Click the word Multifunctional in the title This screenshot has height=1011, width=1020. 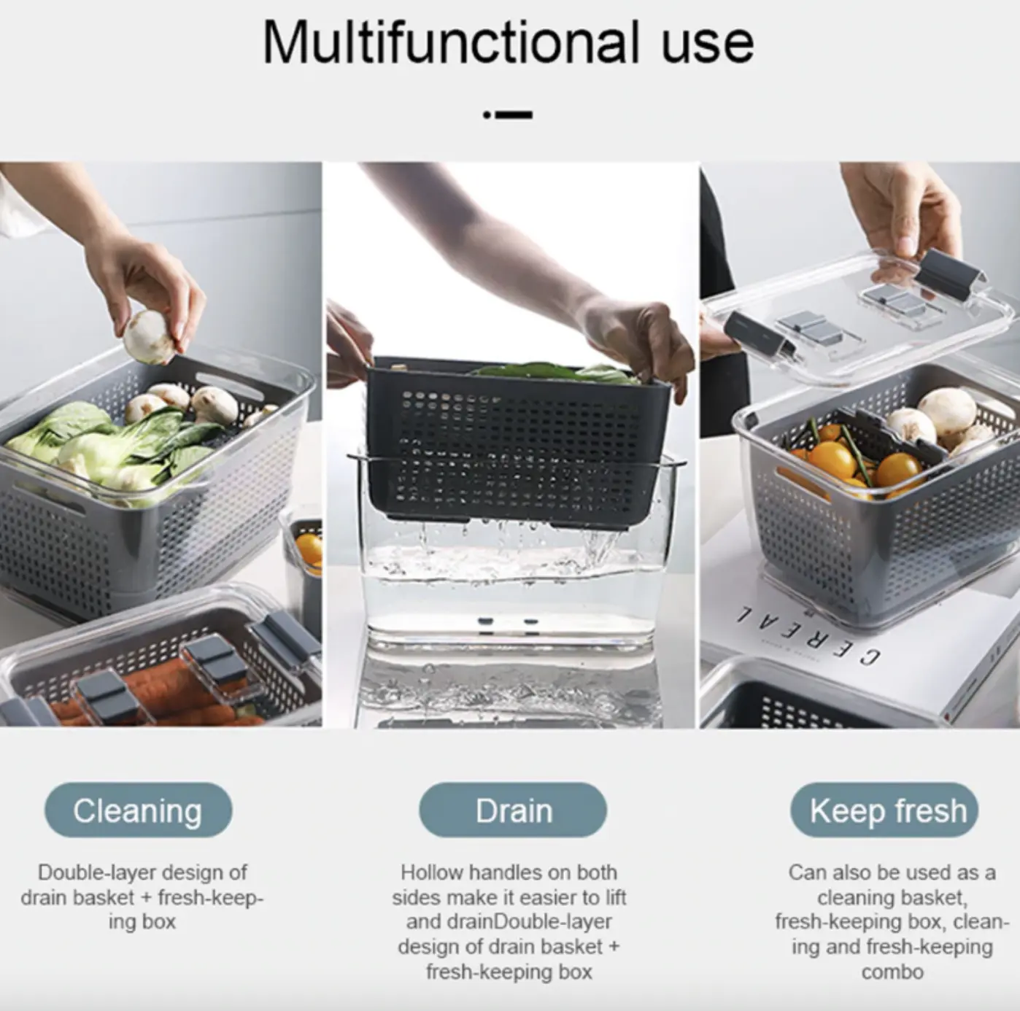click(x=451, y=43)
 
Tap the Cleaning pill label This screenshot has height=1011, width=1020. click(x=138, y=811)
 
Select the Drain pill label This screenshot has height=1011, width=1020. click(x=513, y=811)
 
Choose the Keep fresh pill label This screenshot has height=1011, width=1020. click(x=884, y=811)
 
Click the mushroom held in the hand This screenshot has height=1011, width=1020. click(x=148, y=337)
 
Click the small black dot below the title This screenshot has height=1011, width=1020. click(x=487, y=115)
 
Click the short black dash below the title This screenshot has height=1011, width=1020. click(x=514, y=115)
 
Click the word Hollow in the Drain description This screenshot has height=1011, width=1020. click(x=432, y=873)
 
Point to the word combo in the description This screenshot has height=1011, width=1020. click(x=892, y=972)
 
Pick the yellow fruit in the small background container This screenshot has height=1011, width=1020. click(x=309, y=551)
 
